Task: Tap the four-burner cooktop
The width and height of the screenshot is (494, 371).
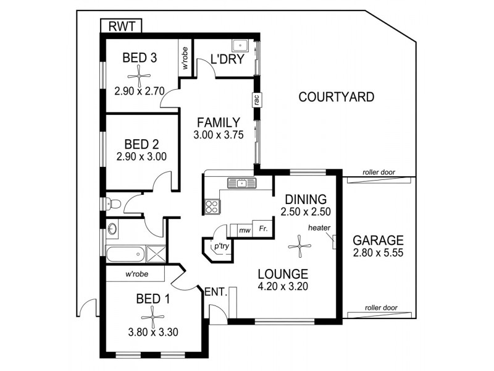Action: (212, 205)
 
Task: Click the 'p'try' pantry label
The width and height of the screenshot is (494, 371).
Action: (220, 245)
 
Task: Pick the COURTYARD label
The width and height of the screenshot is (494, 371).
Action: (336, 97)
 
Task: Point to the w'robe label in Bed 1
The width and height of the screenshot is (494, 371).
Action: (135, 274)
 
